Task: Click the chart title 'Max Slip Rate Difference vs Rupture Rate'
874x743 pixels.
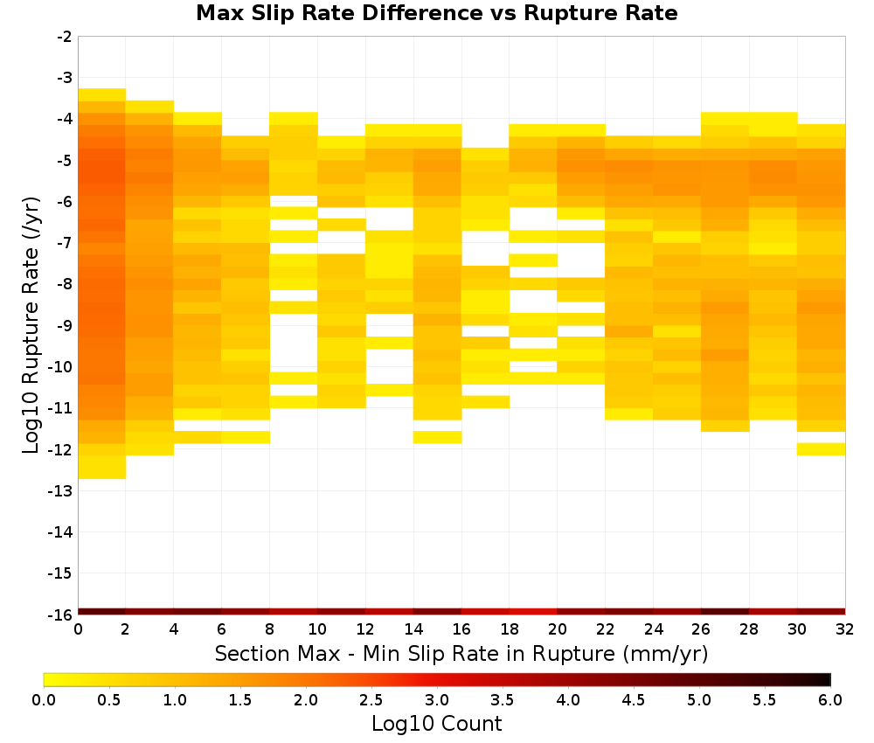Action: point(436,13)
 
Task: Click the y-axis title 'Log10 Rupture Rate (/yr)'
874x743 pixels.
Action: point(31,325)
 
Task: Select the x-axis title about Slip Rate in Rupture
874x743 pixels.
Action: point(461,653)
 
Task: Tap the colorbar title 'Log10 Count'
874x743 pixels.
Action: point(436,724)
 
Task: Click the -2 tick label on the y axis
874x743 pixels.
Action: point(64,37)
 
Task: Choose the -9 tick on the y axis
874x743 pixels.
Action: point(64,326)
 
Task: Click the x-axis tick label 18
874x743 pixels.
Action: point(510,630)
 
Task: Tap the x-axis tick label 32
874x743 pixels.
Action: point(845,630)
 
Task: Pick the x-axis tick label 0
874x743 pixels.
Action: point(78,630)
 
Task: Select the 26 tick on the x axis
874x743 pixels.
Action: point(701,630)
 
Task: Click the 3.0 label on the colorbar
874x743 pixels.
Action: point(437,700)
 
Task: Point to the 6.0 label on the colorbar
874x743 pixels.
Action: point(830,700)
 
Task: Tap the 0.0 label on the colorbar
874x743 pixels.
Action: point(44,700)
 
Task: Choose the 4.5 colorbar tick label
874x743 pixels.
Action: point(634,700)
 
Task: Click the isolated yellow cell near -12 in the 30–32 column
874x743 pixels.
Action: point(821,449)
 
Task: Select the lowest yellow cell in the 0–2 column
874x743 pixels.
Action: point(102,467)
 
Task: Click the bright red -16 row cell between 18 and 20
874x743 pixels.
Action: point(533,612)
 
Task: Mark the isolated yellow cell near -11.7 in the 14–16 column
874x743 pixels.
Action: point(438,438)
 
